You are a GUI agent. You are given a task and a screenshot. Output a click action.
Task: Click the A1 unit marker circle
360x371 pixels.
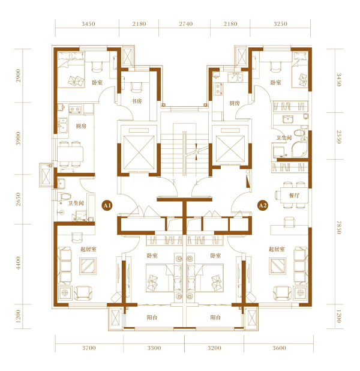point(107,205)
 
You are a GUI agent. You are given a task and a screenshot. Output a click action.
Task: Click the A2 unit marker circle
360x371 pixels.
point(263,205)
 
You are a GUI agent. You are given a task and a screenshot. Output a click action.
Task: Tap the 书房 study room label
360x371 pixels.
point(137,101)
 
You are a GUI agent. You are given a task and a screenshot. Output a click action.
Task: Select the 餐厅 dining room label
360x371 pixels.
point(294,196)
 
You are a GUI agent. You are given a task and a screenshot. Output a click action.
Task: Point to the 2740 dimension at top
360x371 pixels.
point(185,23)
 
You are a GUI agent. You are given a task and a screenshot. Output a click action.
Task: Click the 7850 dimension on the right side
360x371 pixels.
point(339,228)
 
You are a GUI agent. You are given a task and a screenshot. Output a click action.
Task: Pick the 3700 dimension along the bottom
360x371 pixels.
point(89,348)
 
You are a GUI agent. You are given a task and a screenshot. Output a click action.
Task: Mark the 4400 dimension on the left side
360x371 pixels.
point(19,263)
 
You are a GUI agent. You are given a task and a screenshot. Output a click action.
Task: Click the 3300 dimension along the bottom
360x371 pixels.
point(154,348)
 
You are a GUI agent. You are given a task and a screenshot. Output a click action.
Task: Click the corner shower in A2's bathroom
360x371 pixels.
point(299,149)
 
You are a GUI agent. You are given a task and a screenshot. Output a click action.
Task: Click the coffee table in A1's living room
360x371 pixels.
point(88,266)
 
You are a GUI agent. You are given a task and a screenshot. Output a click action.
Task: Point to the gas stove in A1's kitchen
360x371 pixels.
point(75,109)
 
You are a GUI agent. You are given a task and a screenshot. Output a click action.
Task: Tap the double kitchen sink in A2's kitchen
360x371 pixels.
point(235,77)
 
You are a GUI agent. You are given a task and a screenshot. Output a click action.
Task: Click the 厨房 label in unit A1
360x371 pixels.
point(81,126)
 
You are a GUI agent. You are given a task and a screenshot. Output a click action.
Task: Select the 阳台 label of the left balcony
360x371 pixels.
point(152,318)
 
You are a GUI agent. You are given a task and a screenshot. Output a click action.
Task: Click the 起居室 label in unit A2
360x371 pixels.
point(277,249)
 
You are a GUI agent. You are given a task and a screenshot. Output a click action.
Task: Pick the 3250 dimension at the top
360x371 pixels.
point(280,23)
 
